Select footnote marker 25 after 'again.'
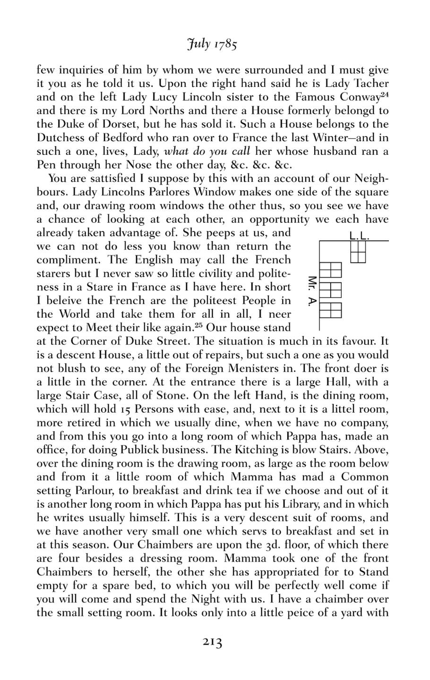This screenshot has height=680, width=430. point(199,324)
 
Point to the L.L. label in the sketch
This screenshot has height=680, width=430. point(359,236)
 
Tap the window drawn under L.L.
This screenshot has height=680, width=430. point(359,252)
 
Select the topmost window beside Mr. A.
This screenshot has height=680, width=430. point(331,270)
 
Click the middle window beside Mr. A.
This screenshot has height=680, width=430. point(331,289)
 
